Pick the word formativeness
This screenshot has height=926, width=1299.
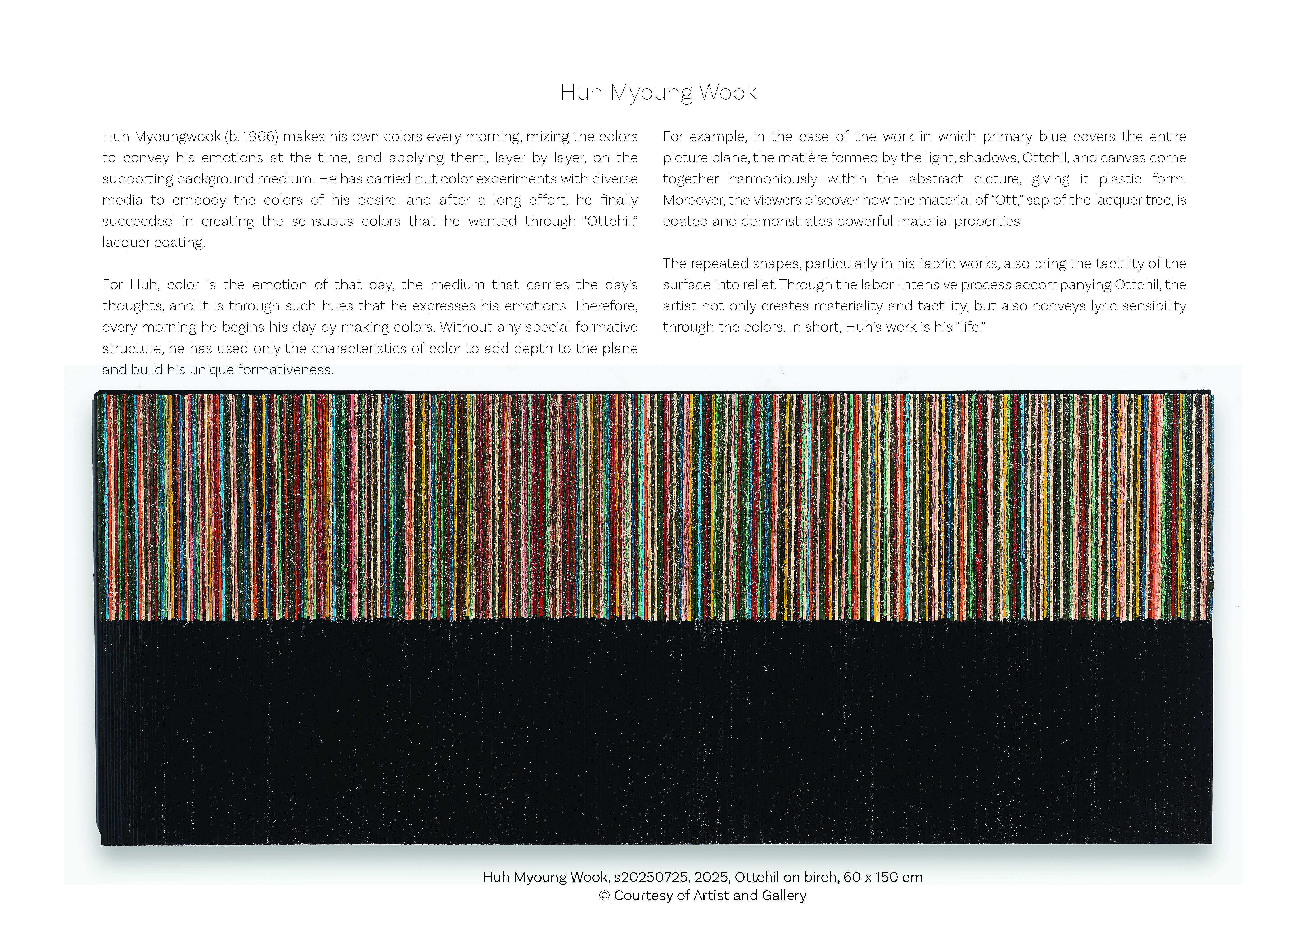click(x=285, y=369)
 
